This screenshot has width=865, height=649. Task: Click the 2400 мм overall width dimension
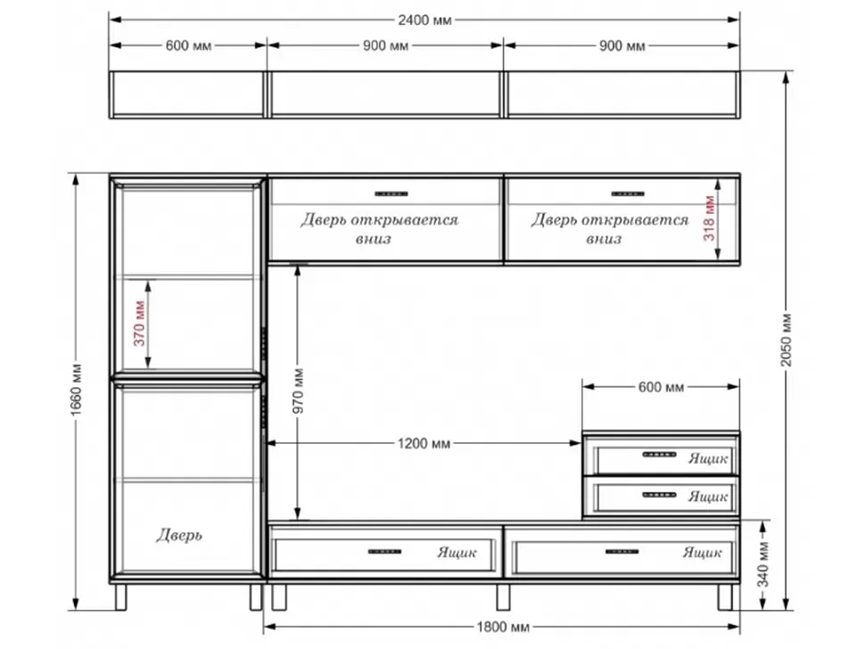[424, 21]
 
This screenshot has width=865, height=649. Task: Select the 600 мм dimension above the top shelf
[189, 45]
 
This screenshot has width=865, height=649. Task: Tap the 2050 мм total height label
[787, 340]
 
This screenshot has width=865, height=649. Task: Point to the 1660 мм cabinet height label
[76, 390]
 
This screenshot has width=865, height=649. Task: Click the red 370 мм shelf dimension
[139, 323]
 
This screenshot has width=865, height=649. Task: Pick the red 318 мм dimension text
[710, 218]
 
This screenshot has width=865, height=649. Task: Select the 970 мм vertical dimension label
[298, 391]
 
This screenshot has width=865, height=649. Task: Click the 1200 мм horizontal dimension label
[424, 443]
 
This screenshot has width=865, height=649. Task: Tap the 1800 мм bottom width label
[503, 627]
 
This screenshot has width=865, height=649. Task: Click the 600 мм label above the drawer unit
[661, 387]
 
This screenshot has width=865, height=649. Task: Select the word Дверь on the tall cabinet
[179, 535]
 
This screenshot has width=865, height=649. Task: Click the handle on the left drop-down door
[391, 193]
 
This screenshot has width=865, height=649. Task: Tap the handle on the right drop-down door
[628, 193]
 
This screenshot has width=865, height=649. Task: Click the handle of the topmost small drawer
[659, 455]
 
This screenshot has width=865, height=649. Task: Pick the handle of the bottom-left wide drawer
[384, 551]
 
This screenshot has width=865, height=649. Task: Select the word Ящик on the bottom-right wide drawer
[702, 553]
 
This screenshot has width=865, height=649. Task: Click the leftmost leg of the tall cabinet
[120, 597]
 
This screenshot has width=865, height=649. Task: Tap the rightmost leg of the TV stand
[725, 597]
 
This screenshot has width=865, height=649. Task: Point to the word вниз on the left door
[374, 239]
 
